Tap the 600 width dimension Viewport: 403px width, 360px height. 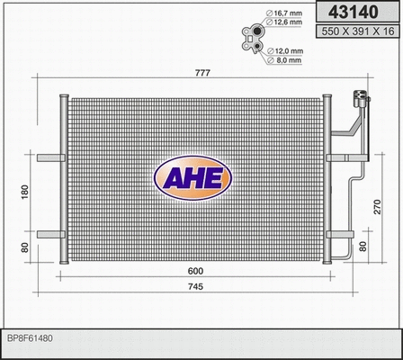click(x=195, y=271)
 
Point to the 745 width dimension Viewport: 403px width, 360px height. click(x=195, y=288)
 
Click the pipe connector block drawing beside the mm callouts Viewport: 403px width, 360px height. click(x=254, y=37)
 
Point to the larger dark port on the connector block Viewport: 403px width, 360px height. click(x=257, y=49)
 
